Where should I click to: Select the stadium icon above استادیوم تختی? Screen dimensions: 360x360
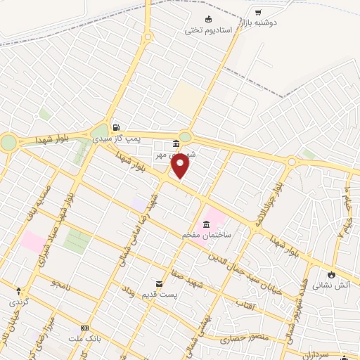pyautogui.click(x=207, y=19)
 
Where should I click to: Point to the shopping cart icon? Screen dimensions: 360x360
pyautogui.click(x=258, y=12)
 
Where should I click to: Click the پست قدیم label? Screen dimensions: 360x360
pyautogui.click(x=158, y=293)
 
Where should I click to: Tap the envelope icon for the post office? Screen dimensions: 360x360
pyautogui.click(x=158, y=283)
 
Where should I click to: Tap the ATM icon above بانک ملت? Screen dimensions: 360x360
pyautogui.click(x=85, y=328)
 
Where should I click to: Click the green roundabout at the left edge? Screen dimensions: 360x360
pyautogui.click(x=8, y=143)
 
